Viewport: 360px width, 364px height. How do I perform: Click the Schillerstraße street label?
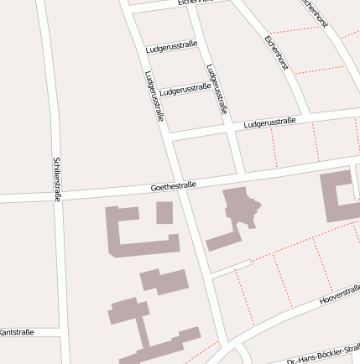click(x=57, y=179)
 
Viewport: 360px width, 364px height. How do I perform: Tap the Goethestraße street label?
click(x=174, y=185)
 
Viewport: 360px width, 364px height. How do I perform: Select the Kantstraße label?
click(x=17, y=332)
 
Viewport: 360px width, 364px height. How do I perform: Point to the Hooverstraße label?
click(x=340, y=294)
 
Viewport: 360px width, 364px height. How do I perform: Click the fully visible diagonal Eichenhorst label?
click(x=276, y=52)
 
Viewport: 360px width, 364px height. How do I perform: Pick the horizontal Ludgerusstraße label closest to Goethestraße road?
click(x=269, y=123)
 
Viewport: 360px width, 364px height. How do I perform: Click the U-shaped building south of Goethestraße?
click(x=126, y=231)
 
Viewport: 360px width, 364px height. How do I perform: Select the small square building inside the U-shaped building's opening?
click(x=164, y=212)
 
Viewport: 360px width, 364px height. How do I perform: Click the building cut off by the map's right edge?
click(x=340, y=196)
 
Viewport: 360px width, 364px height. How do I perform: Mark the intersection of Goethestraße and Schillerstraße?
click(x=59, y=197)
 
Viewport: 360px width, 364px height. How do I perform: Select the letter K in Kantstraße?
click(x=3, y=332)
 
